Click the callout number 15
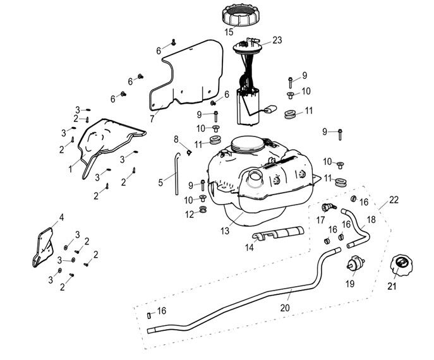coord(229,32)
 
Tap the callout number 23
coord(277,40)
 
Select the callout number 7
coord(152,118)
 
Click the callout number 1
coord(71,169)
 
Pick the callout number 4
coord(61,218)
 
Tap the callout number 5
coord(160,183)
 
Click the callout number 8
coord(177,139)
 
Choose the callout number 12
coord(188,214)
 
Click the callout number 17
coord(320,220)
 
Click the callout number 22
coord(394,200)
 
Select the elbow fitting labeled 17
coord(328,207)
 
